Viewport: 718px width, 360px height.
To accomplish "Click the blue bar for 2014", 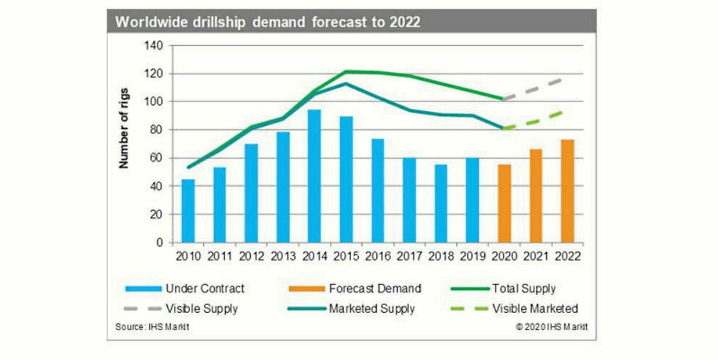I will (x=314, y=176).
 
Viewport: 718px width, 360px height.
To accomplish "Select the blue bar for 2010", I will (x=188, y=211).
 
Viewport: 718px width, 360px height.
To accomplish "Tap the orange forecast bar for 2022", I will (x=568, y=191).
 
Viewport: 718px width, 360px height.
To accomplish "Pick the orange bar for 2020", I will (x=504, y=203).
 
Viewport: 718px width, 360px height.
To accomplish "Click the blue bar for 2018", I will (x=441, y=203).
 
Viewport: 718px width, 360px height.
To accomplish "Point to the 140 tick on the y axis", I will (x=154, y=46).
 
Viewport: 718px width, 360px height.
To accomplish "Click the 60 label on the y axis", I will (x=156, y=158).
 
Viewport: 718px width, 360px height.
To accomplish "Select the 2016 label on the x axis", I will (x=378, y=256).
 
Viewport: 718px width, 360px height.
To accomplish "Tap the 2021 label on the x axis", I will (x=536, y=256).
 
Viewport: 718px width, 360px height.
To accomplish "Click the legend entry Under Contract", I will (x=204, y=288).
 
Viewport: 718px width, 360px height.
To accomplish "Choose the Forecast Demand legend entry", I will (x=374, y=288).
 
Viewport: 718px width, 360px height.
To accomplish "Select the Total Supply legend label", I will (x=524, y=288).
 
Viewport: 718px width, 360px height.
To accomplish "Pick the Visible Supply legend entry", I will (x=201, y=309).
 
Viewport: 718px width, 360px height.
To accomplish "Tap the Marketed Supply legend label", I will (x=371, y=309).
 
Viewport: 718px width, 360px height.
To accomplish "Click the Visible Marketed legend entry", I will (x=534, y=309).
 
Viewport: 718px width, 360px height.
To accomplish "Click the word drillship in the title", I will (x=219, y=22).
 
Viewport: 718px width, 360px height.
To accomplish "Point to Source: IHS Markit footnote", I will (x=152, y=327).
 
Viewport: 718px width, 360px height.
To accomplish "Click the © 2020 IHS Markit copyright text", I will (x=551, y=327).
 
